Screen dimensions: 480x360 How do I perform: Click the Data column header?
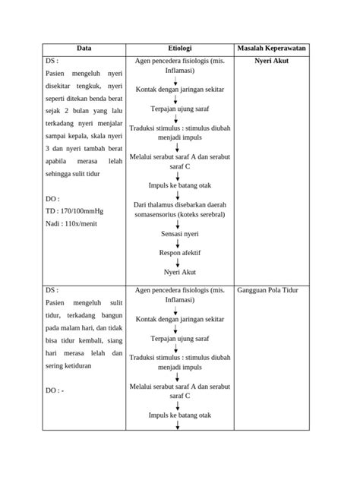click(84, 48)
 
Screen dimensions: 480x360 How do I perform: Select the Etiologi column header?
click(179, 48)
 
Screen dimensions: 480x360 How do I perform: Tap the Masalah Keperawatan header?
click(271, 48)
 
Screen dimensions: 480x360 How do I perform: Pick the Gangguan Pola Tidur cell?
click(271, 290)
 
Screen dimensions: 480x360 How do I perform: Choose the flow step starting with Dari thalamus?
click(179, 210)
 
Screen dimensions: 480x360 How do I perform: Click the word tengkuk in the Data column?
click(94, 88)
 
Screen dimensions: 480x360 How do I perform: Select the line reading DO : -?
click(55, 390)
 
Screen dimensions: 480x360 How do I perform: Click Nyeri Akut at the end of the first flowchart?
click(179, 271)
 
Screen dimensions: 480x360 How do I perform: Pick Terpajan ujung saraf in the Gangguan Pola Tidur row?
click(179, 338)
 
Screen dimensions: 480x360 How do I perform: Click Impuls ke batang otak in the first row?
click(179, 185)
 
